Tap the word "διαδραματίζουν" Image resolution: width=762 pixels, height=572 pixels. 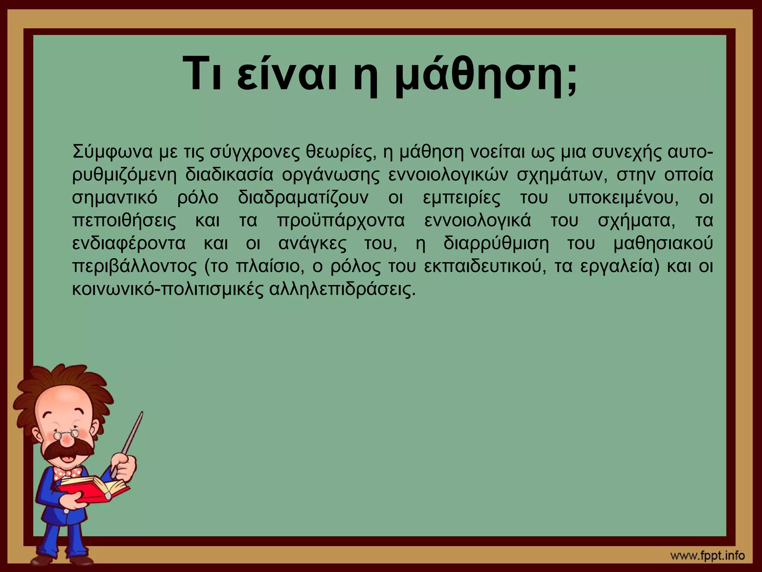303,198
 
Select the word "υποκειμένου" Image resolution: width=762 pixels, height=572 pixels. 621,198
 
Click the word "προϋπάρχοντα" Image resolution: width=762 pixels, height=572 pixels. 340,220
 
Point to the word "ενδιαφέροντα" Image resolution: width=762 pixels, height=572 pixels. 128,243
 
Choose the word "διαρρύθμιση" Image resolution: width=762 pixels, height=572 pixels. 496,243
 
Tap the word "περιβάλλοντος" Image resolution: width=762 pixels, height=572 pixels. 134,266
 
